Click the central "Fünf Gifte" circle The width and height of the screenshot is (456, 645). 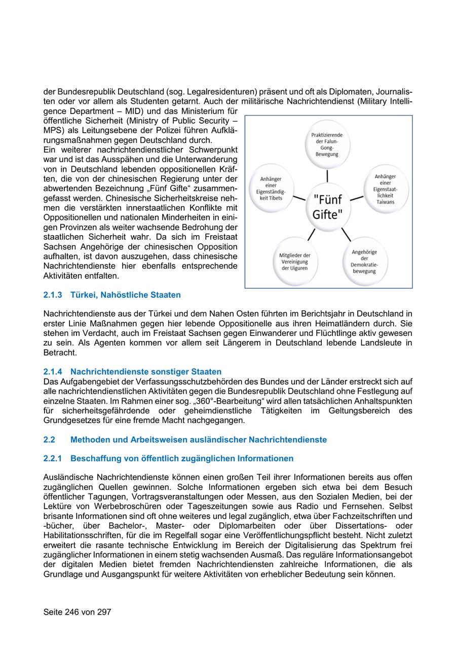click(328, 206)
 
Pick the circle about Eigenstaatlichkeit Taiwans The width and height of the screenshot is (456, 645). click(385, 188)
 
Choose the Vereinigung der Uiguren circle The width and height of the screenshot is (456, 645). click(295, 261)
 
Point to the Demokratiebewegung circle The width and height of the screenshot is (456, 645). click(364, 261)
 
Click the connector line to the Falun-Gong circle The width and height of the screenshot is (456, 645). click(327, 175)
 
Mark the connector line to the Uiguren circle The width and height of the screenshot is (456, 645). click(311, 235)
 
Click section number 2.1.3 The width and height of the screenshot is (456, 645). click(53, 295)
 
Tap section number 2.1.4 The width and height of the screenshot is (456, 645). click(53, 372)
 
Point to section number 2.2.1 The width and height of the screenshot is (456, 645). click(53, 459)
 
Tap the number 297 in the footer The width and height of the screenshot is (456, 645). click(103, 612)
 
